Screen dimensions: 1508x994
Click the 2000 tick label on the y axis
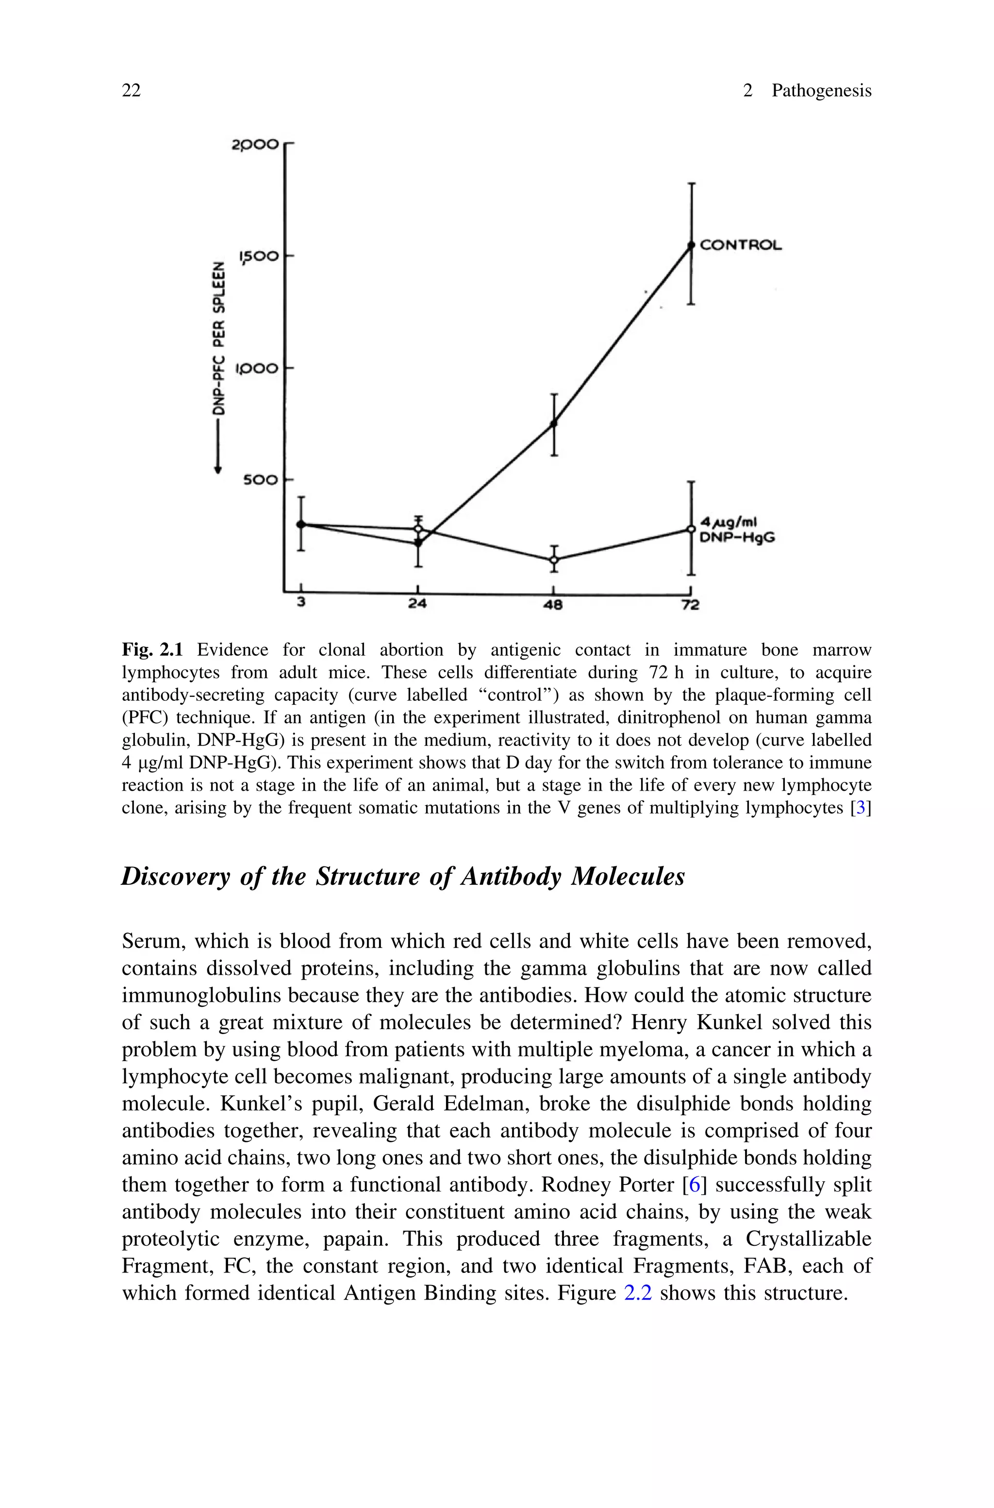point(255,145)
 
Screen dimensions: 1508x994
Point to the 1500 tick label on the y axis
point(258,256)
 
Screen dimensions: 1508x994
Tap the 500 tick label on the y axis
point(261,480)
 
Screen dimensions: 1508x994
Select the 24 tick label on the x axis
point(417,604)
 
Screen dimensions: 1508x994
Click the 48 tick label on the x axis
point(553,605)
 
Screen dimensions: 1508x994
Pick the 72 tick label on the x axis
point(690,605)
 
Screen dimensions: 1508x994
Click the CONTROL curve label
point(741,245)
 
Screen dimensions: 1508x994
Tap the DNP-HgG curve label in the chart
point(737,538)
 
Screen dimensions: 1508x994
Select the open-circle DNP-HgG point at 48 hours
point(554,559)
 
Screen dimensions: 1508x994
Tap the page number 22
point(131,91)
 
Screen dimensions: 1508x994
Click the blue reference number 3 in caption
point(860,809)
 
